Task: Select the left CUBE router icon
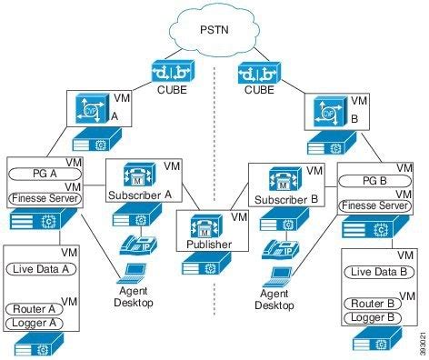pos(171,70)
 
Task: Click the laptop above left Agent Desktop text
pos(133,271)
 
